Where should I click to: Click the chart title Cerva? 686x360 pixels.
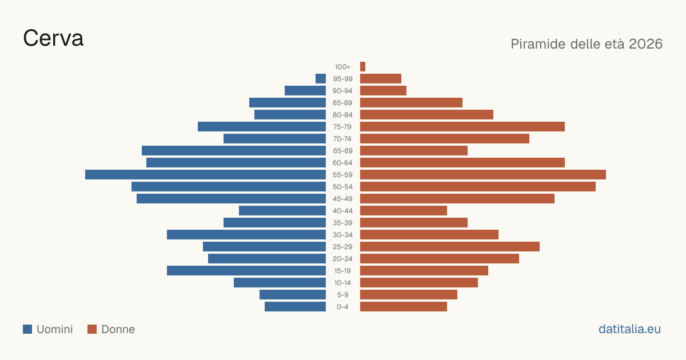click(x=53, y=38)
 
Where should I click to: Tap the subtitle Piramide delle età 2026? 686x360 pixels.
click(x=587, y=44)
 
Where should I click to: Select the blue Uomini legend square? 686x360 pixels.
click(x=27, y=329)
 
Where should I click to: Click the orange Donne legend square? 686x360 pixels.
click(x=92, y=329)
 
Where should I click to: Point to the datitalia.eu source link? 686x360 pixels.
click(x=629, y=329)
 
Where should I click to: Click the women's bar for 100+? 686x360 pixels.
click(x=362, y=66)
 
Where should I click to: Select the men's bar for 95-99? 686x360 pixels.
click(x=321, y=78)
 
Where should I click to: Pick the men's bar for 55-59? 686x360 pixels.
click(x=205, y=174)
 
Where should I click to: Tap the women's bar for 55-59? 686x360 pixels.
click(x=483, y=174)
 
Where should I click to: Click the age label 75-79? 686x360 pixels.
click(x=342, y=127)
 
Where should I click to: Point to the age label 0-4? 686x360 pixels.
click(x=342, y=307)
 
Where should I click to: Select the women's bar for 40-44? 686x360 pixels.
click(x=404, y=211)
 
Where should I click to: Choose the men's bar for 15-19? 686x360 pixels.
click(x=246, y=271)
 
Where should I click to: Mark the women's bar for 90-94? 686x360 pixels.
click(x=383, y=91)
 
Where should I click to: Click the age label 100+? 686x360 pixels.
click(x=342, y=67)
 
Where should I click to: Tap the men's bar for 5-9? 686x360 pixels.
click(x=293, y=294)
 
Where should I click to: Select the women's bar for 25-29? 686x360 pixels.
click(x=450, y=247)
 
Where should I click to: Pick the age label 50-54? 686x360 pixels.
click(x=342, y=187)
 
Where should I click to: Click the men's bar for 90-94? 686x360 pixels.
click(x=305, y=91)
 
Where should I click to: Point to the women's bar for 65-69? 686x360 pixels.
click(x=414, y=151)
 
